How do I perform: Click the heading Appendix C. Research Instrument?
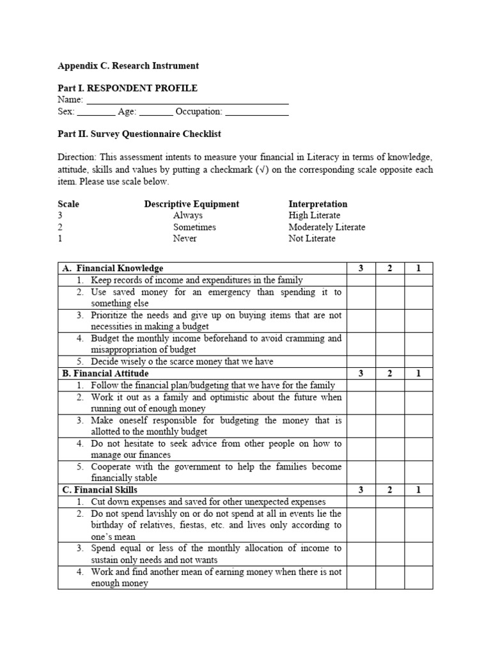pyautogui.click(x=128, y=65)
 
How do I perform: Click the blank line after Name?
pyautogui.click(x=187, y=100)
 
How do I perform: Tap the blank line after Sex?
pyautogui.click(x=96, y=112)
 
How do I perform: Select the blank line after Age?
pyautogui.click(x=155, y=112)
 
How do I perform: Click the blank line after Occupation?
pyautogui.click(x=257, y=112)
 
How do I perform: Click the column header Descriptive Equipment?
pyautogui.click(x=191, y=204)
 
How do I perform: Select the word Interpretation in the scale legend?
pyautogui.click(x=318, y=204)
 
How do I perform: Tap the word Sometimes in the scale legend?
pyautogui.click(x=194, y=227)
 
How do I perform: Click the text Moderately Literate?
pyautogui.click(x=327, y=227)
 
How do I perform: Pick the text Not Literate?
pyautogui.click(x=311, y=239)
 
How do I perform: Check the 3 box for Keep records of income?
pyautogui.click(x=361, y=280)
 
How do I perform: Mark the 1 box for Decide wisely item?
pyautogui.click(x=418, y=361)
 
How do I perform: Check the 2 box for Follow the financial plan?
pyautogui.click(x=389, y=385)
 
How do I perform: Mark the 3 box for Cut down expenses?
pyautogui.click(x=361, y=502)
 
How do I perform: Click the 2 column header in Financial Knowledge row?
pyautogui.click(x=389, y=269)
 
